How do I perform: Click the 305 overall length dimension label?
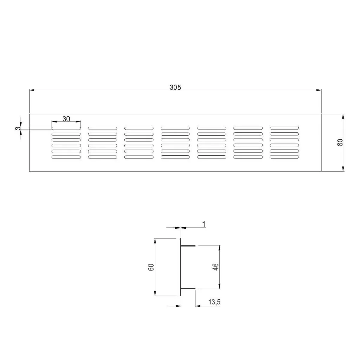point(175,88)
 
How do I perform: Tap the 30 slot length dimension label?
point(66,119)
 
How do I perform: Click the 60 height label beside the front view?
point(340,142)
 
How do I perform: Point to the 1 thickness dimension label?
point(204,224)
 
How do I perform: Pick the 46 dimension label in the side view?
point(216,267)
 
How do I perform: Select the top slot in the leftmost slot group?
point(66,128)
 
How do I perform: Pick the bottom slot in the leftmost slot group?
point(66,157)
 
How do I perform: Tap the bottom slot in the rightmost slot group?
point(284,156)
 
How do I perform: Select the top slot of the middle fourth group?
point(175,128)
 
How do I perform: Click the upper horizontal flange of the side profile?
point(188,246)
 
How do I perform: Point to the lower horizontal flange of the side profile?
point(188,289)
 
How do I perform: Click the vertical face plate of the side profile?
point(181,267)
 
